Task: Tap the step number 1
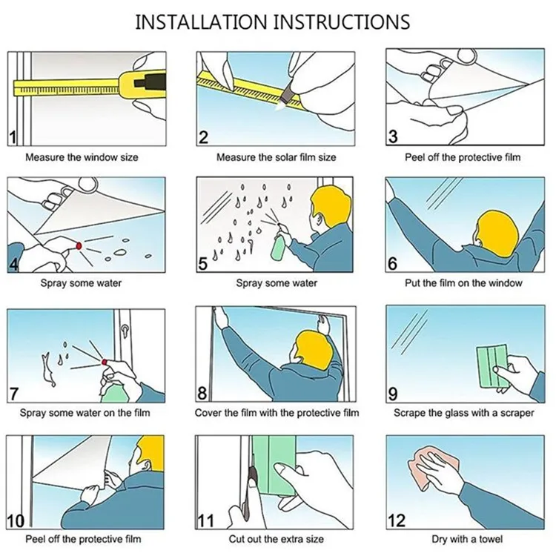(x=13, y=137)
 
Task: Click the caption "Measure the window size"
(x=82, y=157)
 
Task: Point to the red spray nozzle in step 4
(x=79, y=245)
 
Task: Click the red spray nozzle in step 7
(x=105, y=362)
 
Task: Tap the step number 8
(x=202, y=392)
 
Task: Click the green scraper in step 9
(x=493, y=367)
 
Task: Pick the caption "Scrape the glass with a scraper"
(x=464, y=413)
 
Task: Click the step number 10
(x=16, y=521)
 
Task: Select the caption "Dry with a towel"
(x=467, y=540)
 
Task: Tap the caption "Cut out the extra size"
(x=277, y=540)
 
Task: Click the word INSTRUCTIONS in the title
(x=342, y=21)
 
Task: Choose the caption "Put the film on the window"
(x=463, y=283)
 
